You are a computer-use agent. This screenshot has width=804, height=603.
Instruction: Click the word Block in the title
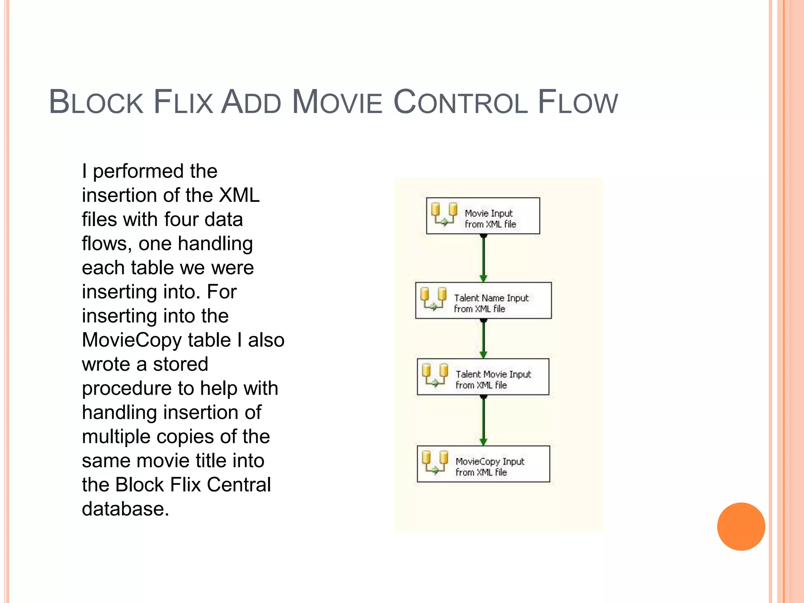click(96, 102)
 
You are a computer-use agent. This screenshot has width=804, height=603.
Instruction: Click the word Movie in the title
click(337, 102)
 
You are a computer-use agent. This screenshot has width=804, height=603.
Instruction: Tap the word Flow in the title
click(577, 102)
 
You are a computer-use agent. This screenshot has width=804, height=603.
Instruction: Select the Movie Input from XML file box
click(483, 216)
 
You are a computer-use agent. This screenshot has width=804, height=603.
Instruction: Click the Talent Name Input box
click(483, 300)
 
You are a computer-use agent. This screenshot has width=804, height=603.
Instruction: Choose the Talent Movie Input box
click(483, 376)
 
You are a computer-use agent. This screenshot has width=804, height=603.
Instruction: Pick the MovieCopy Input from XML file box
click(483, 464)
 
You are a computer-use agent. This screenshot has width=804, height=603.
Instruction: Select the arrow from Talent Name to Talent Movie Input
click(483, 338)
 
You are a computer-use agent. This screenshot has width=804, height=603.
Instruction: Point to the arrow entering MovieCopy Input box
click(483, 420)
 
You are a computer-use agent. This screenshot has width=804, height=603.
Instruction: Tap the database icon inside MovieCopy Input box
click(435, 462)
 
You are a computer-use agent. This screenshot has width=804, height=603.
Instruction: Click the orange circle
click(741, 526)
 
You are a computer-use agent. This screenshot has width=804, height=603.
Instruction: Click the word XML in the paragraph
click(239, 195)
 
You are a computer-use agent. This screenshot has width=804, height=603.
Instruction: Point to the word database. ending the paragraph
click(125, 509)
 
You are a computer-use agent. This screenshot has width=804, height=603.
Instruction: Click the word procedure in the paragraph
click(126, 389)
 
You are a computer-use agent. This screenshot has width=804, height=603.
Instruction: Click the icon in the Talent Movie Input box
click(435, 375)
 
